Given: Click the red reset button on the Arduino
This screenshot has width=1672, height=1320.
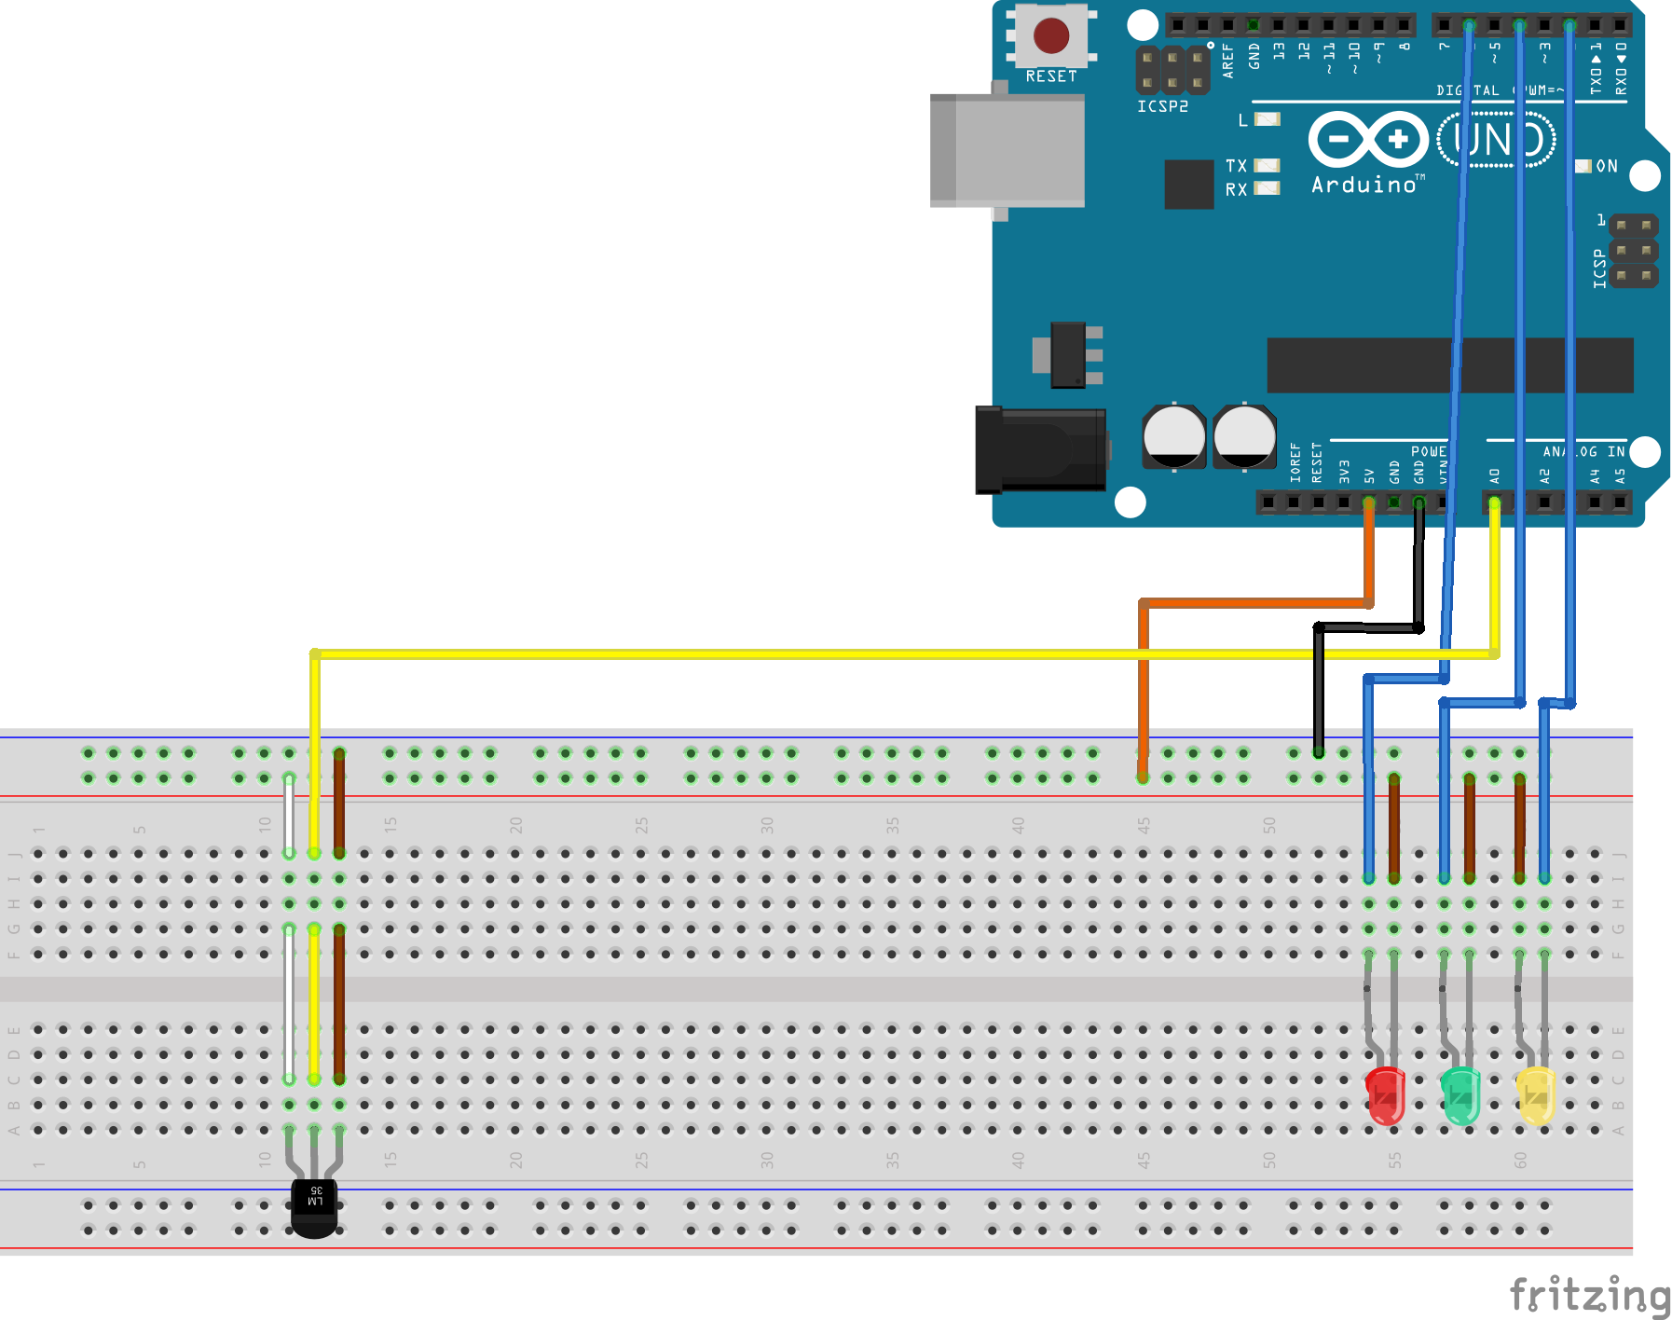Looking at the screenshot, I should pyautogui.click(x=1051, y=36).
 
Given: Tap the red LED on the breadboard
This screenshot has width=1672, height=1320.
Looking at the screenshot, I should pyautogui.click(x=1386, y=1095).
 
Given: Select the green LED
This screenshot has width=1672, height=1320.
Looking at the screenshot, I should pyautogui.click(x=1460, y=1095).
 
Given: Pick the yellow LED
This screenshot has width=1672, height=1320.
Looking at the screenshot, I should pyautogui.click(x=1536, y=1095).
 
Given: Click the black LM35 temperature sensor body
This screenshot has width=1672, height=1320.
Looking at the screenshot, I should pyautogui.click(x=315, y=1207).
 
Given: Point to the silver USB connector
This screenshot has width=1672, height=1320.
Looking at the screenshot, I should pyautogui.click(x=1007, y=150).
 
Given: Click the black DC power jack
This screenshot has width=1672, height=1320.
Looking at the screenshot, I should pyautogui.click(x=1040, y=450).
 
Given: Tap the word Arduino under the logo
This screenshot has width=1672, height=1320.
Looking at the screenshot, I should pyautogui.click(x=1364, y=185).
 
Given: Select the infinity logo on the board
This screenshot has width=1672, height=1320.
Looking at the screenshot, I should pyautogui.click(x=1368, y=140).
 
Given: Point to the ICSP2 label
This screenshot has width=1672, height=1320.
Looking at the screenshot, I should pyautogui.click(x=1162, y=106).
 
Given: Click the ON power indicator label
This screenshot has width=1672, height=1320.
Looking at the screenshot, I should pyautogui.click(x=1607, y=166).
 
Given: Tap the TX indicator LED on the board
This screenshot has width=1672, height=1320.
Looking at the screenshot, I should pyautogui.click(x=1267, y=165).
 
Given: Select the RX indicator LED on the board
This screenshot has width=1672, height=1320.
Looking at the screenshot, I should pyautogui.click(x=1267, y=188).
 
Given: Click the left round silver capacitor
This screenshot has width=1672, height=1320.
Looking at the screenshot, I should pyautogui.click(x=1173, y=436).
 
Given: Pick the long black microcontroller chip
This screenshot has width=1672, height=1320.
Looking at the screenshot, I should pyautogui.click(x=1449, y=364).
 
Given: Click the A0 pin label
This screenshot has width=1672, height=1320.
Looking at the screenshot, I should pyautogui.click(x=1495, y=475).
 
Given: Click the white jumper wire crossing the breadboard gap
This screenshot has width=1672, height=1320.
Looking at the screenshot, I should pyautogui.click(x=290, y=1002).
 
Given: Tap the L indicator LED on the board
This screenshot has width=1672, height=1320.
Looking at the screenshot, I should pyautogui.click(x=1267, y=119).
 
